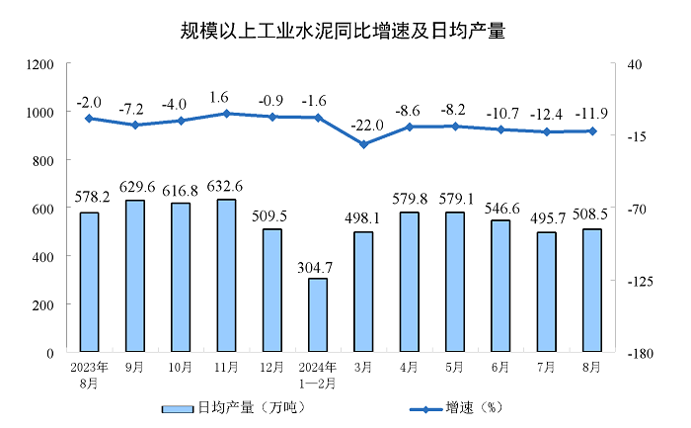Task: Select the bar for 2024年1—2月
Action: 318,314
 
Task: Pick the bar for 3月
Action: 363,292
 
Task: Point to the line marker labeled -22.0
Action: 363,144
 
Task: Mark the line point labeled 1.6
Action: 226,114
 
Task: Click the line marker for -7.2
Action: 134,125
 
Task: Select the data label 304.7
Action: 318,266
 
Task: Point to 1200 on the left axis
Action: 39,64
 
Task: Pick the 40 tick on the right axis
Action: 633,64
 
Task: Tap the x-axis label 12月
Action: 271,368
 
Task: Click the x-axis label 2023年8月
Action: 89,375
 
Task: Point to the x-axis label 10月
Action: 181,368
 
